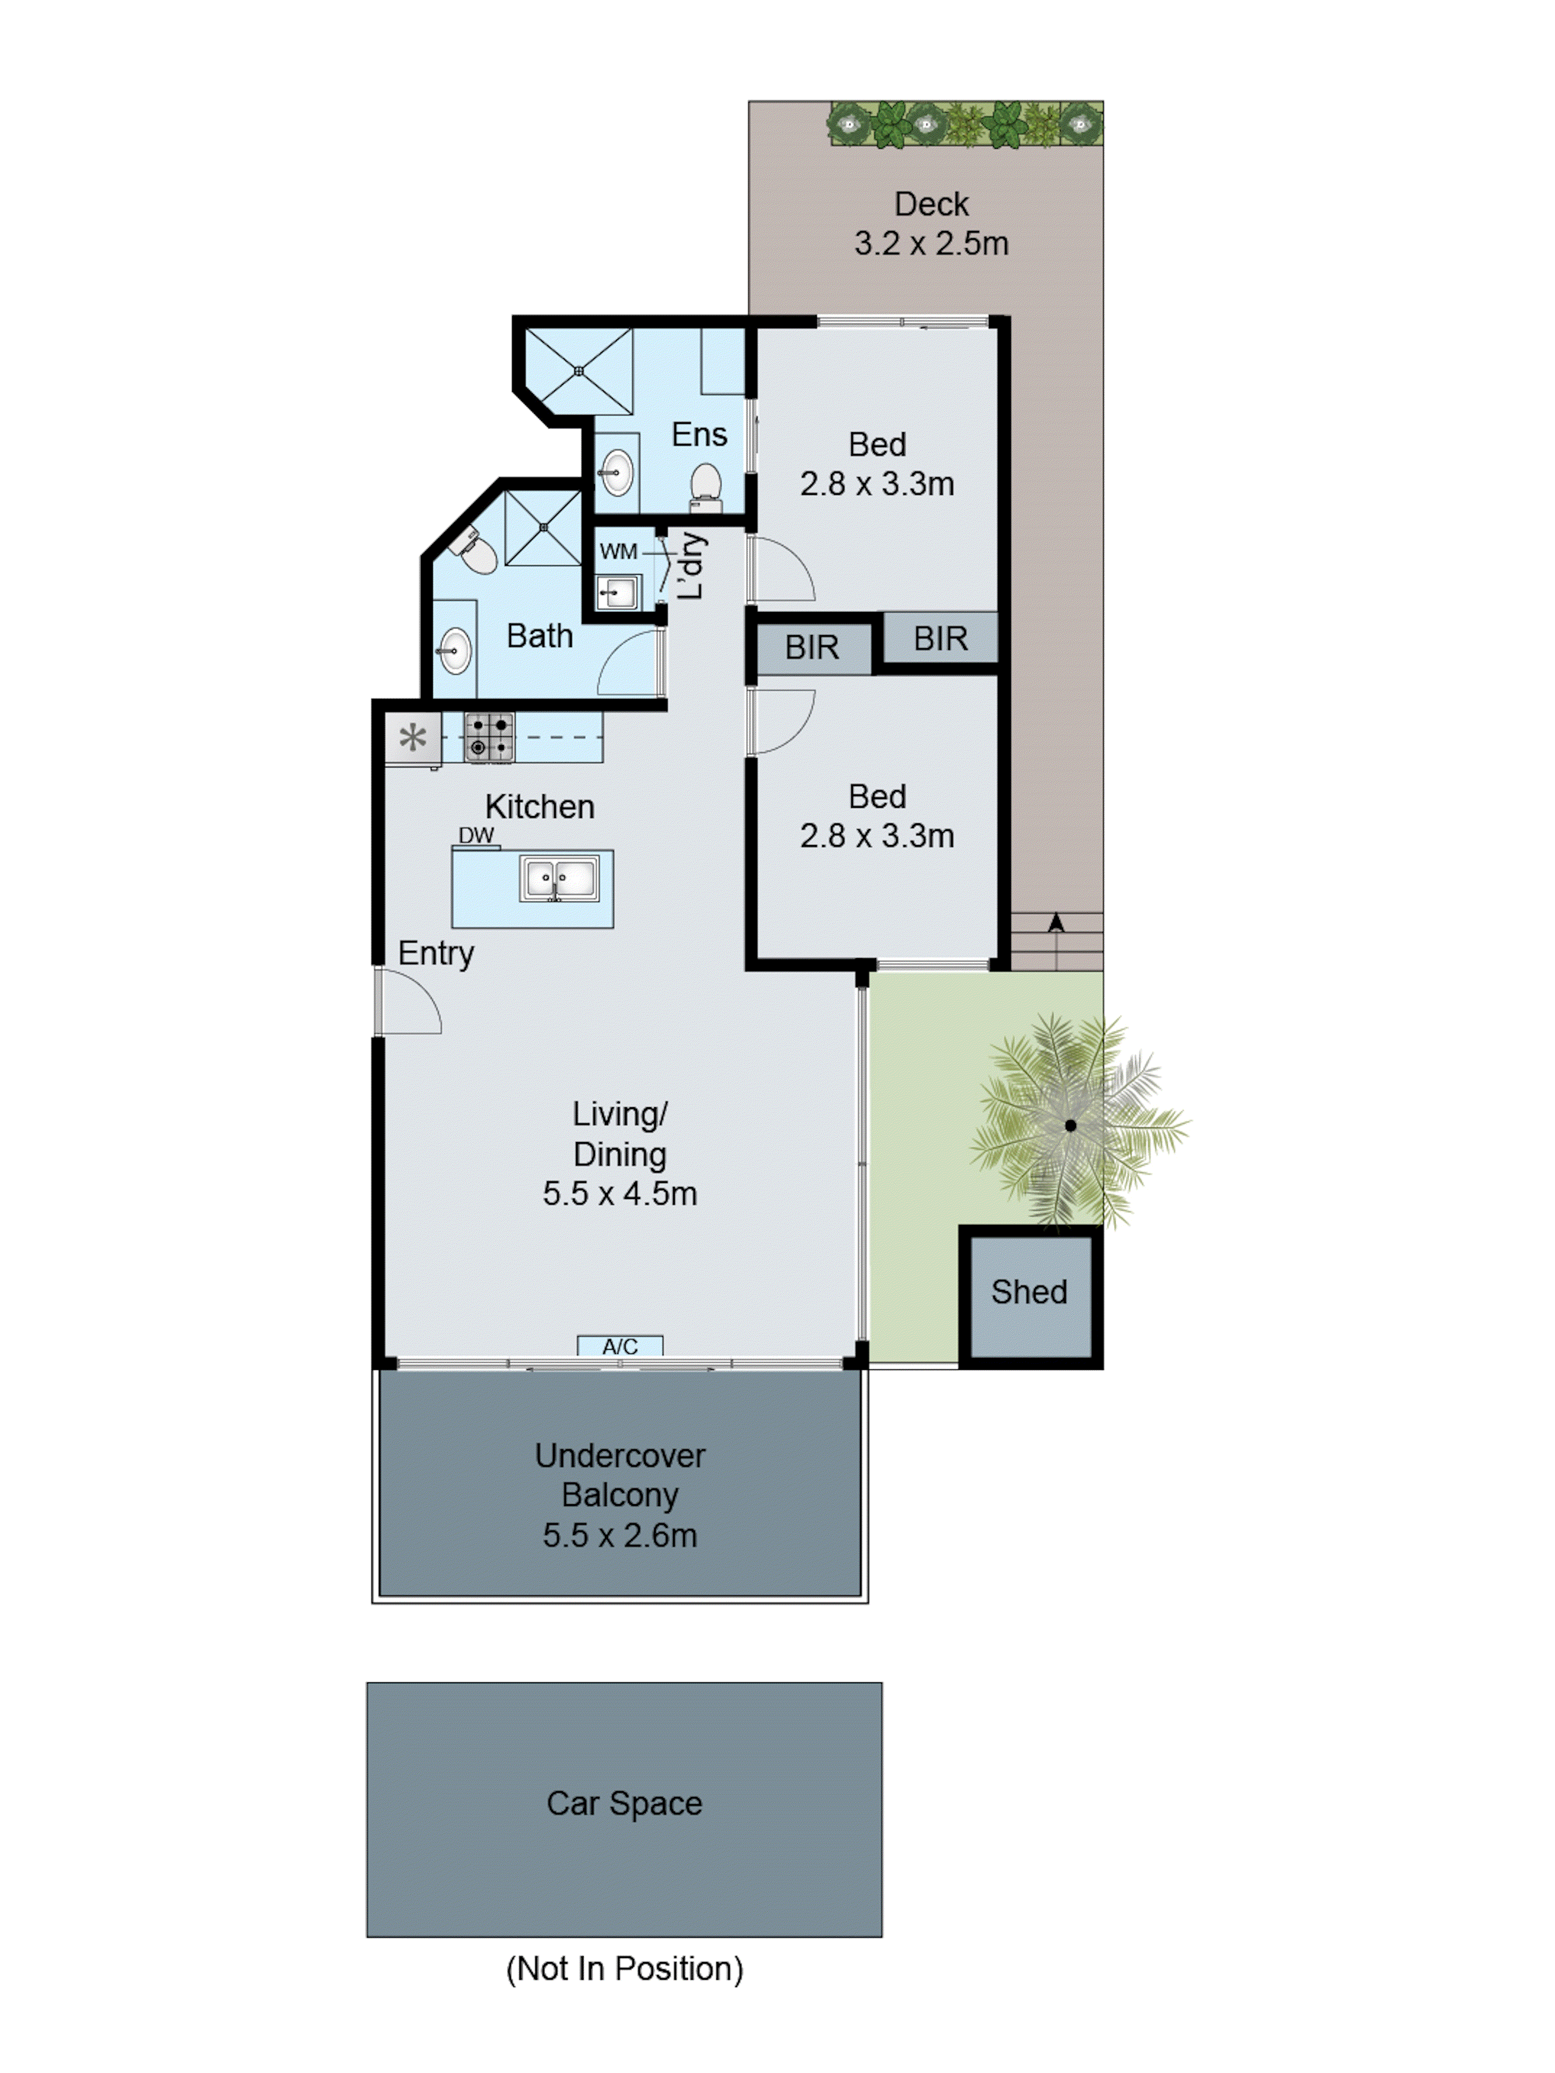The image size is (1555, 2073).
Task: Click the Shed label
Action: (x=1028, y=1291)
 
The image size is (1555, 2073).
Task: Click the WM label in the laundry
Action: (x=618, y=552)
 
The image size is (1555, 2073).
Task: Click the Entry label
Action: (x=436, y=953)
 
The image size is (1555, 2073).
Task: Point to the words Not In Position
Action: (x=624, y=1968)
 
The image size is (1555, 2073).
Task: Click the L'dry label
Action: (x=691, y=565)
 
